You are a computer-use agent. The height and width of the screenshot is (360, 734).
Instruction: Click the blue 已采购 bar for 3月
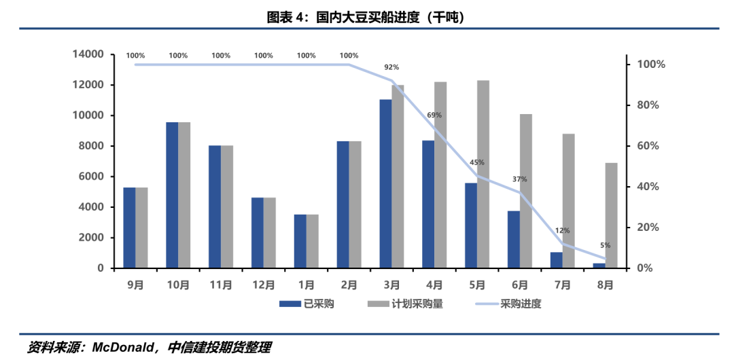coord(385,184)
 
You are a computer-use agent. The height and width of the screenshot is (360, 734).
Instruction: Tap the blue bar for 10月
coord(172,195)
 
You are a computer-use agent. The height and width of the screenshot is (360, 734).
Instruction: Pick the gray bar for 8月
coord(611,215)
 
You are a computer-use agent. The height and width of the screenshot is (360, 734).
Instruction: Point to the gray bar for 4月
coord(440,175)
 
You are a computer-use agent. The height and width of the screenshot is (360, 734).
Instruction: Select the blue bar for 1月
coord(300,241)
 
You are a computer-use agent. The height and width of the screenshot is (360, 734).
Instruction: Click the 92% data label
coord(391,67)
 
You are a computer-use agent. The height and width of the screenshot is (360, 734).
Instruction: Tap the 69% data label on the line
coord(434,115)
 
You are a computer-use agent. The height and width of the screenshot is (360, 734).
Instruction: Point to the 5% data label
coord(605,245)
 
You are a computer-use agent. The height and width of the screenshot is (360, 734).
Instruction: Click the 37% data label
coord(520,179)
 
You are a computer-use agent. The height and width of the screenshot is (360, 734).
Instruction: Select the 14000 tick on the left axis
coord(88,54)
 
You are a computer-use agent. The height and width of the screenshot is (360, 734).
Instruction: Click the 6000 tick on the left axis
coord(91,177)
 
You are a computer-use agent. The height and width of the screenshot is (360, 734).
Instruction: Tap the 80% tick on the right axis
coord(650,105)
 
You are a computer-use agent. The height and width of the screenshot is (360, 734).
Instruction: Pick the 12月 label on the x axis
coord(263,286)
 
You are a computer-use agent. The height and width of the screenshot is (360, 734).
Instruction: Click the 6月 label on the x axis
coord(520,286)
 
